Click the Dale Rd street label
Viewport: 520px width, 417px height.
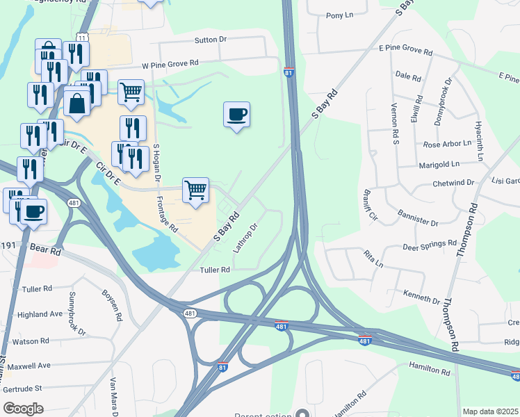[x=408, y=76]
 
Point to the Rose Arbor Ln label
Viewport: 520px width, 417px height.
[x=447, y=145]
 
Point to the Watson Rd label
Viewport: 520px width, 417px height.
[x=31, y=341]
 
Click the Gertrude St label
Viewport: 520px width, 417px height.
[x=24, y=387]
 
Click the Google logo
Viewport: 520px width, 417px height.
[x=24, y=408]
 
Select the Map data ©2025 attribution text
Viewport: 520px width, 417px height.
[x=489, y=411]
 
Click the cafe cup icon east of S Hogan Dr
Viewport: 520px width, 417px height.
[x=236, y=113]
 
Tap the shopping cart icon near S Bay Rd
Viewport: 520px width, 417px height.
[x=196, y=188]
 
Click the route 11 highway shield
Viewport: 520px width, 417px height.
[x=82, y=37]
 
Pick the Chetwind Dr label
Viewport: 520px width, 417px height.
[x=453, y=183]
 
